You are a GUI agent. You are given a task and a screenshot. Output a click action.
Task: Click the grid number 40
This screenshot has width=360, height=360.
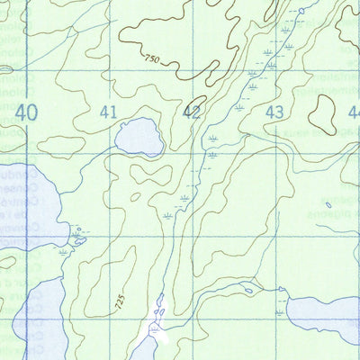click(27, 112)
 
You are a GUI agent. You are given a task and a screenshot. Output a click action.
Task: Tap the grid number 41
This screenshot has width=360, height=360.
click(110, 112)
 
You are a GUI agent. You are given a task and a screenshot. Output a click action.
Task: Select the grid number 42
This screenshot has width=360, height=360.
click(192, 112)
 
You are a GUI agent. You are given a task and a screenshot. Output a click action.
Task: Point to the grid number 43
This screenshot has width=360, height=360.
click(275, 112)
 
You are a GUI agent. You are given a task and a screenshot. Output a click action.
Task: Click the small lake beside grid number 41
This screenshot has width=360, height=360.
click(139, 136)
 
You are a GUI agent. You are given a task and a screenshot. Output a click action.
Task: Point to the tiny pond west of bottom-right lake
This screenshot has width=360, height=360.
click(247, 290)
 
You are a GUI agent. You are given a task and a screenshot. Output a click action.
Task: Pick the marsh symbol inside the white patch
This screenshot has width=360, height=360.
click(154, 330)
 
